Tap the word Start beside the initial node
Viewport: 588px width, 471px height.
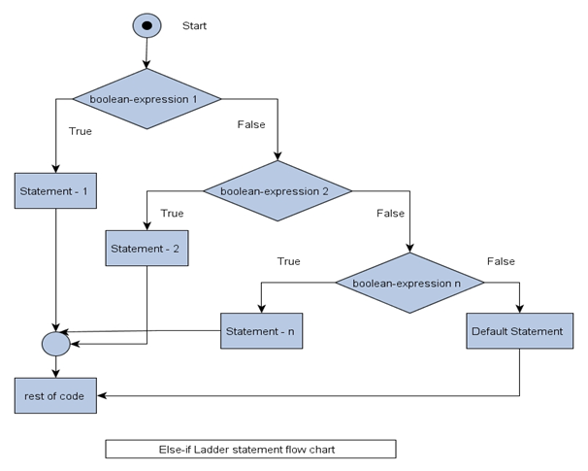click(x=195, y=25)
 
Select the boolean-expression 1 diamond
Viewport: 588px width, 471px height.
click(x=147, y=99)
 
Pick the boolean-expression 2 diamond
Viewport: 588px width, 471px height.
click(x=278, y=191)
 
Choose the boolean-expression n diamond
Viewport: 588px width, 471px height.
click(x=410, y=283)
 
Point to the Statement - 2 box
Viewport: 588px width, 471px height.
click(x=147, y=248)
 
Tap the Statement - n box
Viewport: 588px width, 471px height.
click(x=261, y=331)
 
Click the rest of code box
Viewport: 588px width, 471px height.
click(x=55, y=395)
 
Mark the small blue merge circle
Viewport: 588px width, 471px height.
click(x=55, y=343)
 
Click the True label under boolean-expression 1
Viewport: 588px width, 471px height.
click(x=80, y=130)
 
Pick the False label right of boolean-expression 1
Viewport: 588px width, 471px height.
click(x=252, y=124)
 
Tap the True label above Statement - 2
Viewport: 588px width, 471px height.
click(x=172, y=213)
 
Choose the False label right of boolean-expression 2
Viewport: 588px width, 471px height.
click(x=390, y=213)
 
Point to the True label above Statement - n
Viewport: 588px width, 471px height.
click(x=289, y=261)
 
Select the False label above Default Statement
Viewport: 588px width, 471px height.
click(x=501, y=261)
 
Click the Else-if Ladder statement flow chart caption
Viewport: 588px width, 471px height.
click(x=250, y=449)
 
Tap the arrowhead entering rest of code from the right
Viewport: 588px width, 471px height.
click(x=102, y=395)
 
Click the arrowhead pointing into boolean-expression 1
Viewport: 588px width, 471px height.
click(x=147, y=64)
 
